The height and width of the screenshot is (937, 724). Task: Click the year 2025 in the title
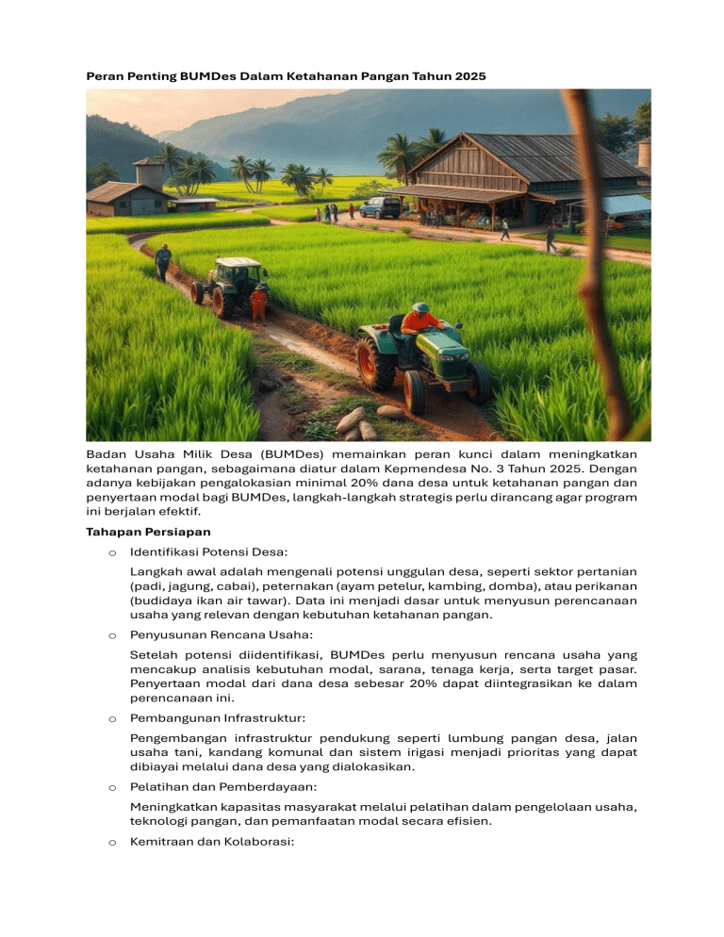click(469, 75)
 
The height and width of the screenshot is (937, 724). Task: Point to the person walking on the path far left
click(163, 261)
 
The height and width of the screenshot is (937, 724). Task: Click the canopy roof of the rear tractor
click(239, 263)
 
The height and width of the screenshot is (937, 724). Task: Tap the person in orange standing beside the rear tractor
click(258, 304)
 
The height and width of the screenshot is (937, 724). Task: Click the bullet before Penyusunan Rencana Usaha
click(111, 635)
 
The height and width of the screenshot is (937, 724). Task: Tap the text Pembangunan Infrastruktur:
click(205, 718)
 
